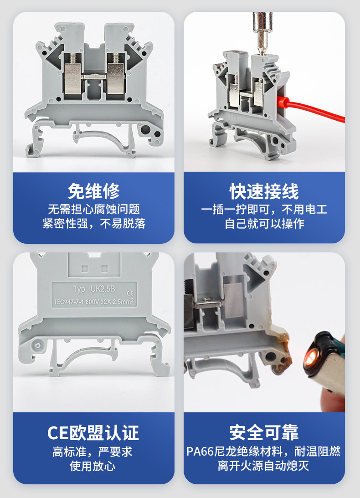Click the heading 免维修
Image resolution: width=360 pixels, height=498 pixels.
pyautogui.click(x=94, y=191)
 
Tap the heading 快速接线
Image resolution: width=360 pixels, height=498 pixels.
pyautogui.click(x=264, y=191)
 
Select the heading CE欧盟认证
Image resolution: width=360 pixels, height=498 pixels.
pyautogui.click(x=93, y=432)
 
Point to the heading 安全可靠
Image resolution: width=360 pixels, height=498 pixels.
pyautogui.click(x=264, y=432)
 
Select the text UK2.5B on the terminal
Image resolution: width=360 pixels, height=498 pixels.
pyautogui.click(x=103, y=289)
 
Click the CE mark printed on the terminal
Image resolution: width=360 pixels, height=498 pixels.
pyautogui.click(x=130, y=293)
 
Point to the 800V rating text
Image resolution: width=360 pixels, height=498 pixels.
pyautogui.click(x=92, y=302)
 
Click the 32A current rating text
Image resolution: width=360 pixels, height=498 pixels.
pyautogui.click(x=106, y=302)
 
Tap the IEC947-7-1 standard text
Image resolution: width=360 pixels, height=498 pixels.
pyautogui.click(x=69, y=303)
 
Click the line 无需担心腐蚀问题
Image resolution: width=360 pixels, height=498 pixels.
pyautogui.click(x=94, y=209)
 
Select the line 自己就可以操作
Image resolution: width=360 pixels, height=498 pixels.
pyautogui.click(x=264, y=224)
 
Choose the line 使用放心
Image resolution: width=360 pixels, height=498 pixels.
pyautogui.click(x=93, y=466)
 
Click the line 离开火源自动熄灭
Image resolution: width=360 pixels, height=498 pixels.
pyautogui.click(x=263, y=466)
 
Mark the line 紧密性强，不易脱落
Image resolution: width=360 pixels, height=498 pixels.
pyautogui.click(x=94, y=224)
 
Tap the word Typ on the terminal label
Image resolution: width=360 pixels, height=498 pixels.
pyautogui.click(x=79, y=289)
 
